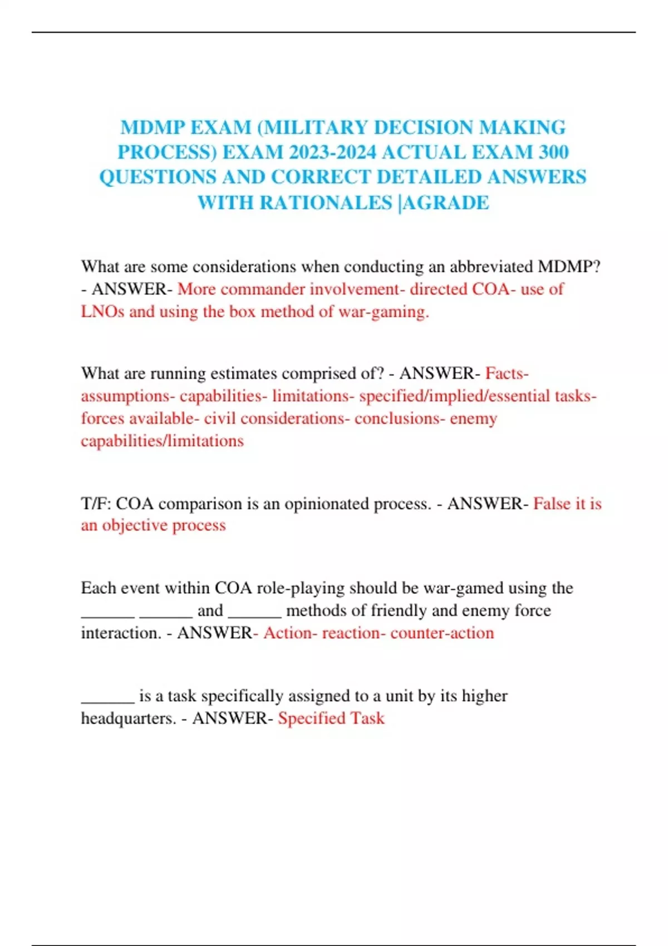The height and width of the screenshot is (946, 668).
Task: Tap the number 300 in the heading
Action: [x=552, y=152]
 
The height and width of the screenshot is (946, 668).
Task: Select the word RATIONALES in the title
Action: [x=326, y=203]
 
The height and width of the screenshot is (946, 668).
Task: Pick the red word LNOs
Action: [x=102, y=312]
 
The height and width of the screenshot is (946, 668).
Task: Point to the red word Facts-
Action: [x=507, y=373]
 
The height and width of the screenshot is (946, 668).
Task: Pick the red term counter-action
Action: [x=442, y=633]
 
